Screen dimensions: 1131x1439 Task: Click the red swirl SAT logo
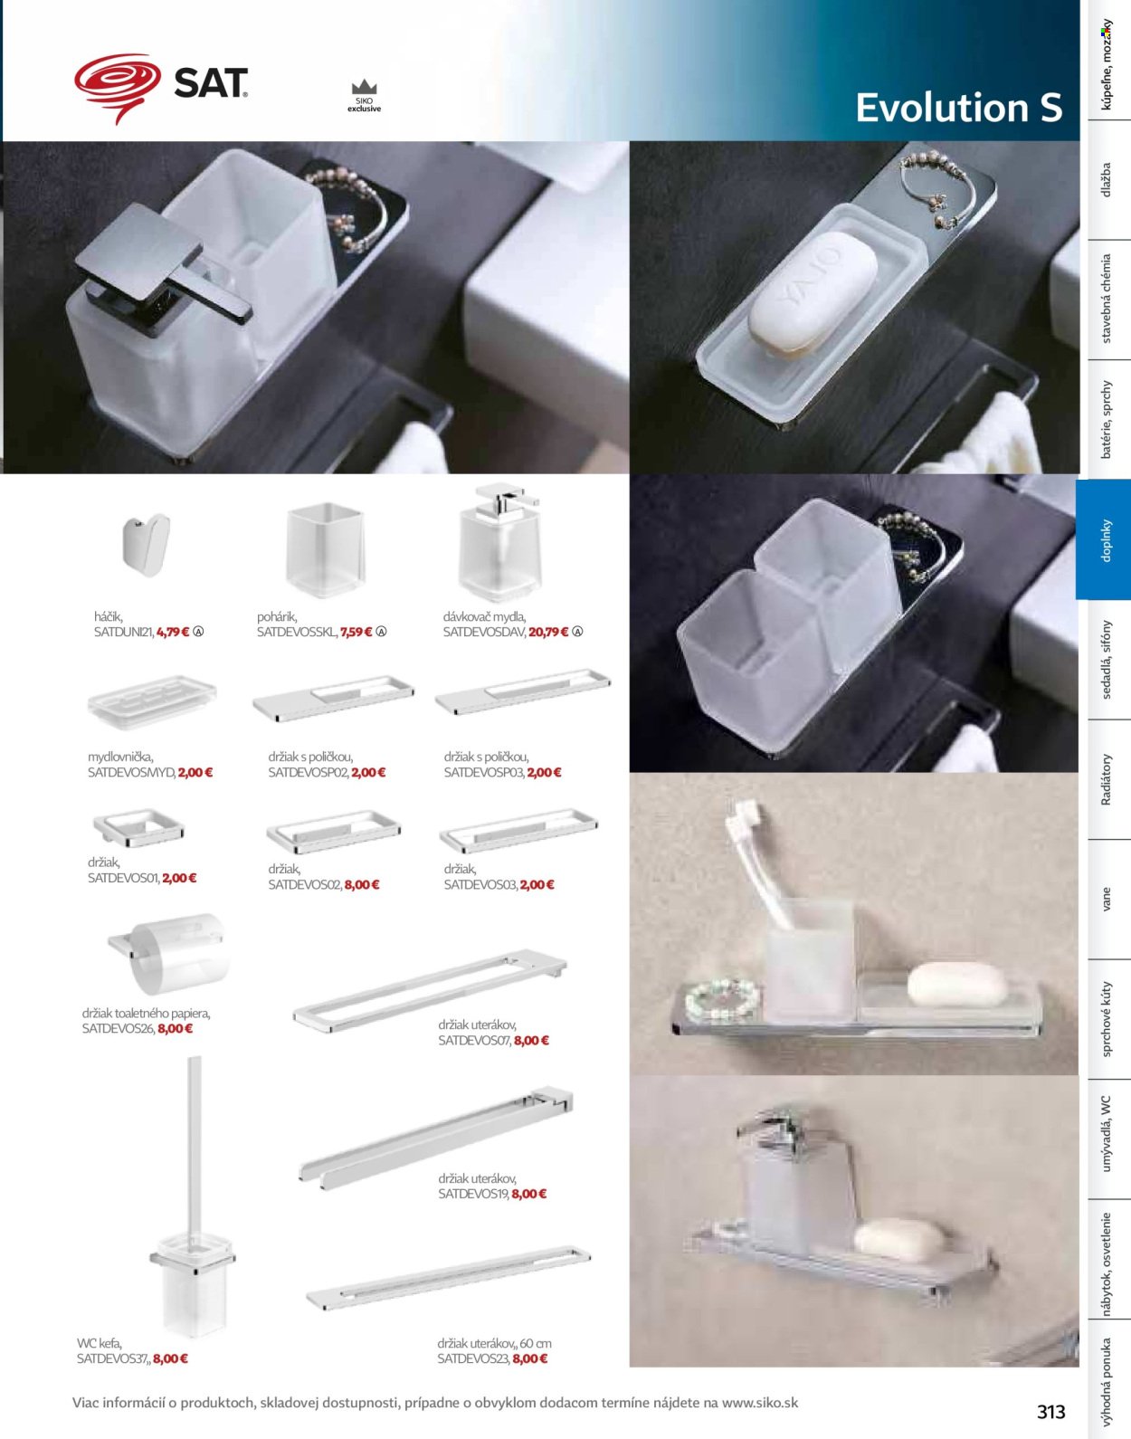(118, 88)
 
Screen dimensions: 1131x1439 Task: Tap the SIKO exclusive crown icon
(365, 87)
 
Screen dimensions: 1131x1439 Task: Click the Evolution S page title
(958, 108)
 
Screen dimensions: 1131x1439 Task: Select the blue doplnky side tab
(1104, 539)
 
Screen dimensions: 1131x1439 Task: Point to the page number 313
(1050, 1411)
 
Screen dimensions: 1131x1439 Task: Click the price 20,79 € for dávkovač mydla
(548, 632)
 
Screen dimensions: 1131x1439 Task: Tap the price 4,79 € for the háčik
(173, 632)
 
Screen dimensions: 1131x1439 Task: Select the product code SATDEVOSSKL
(296, 632)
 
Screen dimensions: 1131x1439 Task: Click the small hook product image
(147, 544)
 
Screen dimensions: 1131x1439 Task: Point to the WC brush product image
(193, 1197)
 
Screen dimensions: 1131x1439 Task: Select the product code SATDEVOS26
(118, 1028)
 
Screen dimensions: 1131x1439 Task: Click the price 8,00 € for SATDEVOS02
(362, 884)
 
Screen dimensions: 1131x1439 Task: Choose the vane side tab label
(1106, 900)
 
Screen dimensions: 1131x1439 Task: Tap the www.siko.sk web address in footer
(760, 1402)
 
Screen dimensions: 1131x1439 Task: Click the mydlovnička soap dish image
(152, 701)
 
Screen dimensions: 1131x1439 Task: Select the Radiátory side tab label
(1106, 779)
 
